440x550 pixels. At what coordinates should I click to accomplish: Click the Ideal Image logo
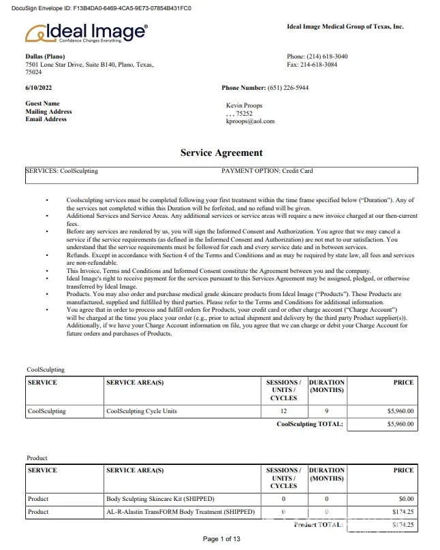tap(86, 32)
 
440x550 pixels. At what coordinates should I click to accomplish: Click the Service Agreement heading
tap(221, 152)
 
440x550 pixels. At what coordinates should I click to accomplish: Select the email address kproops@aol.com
tap(250, 121)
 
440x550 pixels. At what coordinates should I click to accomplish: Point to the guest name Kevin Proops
tap(244, 106)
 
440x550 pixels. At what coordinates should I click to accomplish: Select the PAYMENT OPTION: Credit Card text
tap(267, 171)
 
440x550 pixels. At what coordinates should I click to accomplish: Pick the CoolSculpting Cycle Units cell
tap(142, 411)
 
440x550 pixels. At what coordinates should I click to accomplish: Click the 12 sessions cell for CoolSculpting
tap(283, 411)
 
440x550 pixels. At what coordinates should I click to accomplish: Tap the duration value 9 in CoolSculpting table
tap(327, 411)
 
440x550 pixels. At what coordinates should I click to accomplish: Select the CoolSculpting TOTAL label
tap(310, 423)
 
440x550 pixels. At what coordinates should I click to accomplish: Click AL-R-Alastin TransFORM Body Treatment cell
tap(180, 511)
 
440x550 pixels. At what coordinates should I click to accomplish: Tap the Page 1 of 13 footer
tap(221, 539)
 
